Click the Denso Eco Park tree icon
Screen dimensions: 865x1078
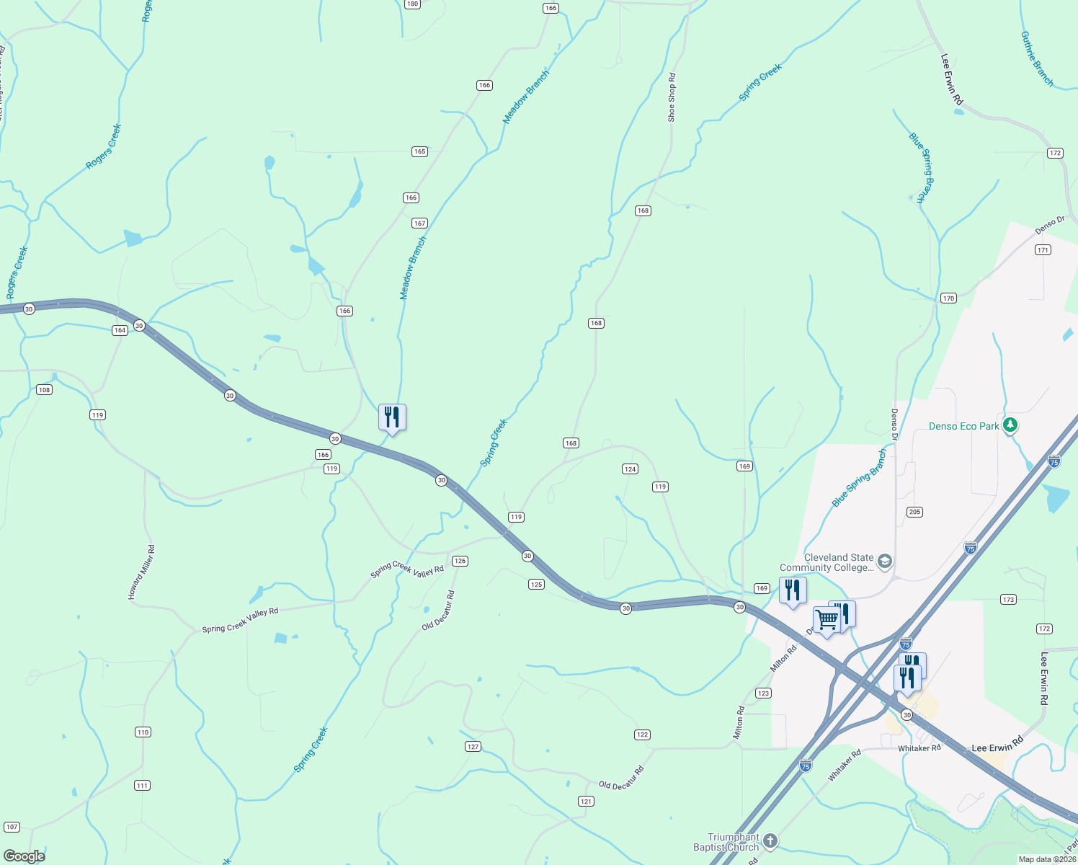[1010, 425]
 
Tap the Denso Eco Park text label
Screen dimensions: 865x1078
[963, 426]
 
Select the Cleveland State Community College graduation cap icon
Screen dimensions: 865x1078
[885, 562]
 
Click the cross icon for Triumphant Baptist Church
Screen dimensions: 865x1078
[770, 840]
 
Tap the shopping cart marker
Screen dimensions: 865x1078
[827, 619]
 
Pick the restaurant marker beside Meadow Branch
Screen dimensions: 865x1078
[392, 417]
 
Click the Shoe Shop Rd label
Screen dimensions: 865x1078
[672, 97]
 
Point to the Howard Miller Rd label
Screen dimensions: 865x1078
[141, 572]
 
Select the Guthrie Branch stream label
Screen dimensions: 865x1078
[1037, 59]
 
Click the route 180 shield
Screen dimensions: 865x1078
[412, 4]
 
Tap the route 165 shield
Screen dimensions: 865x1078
[419, 151]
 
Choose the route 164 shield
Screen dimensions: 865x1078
[120, 330]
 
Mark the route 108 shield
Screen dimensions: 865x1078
[44, 390]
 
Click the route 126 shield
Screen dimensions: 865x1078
[460, 561]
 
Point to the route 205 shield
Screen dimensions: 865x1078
[914, 512]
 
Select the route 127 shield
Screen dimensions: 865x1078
[473, 747]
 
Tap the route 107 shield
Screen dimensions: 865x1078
[12, 827]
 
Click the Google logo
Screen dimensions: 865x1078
[24, 856]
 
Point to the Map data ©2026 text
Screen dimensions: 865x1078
[1046, 859]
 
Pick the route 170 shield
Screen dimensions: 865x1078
[948, 298]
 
